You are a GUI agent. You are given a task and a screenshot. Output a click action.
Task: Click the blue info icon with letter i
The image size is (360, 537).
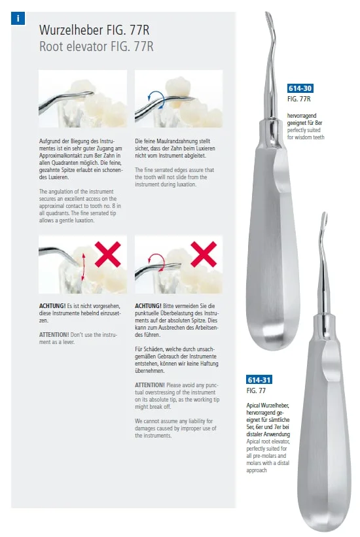(x=18, y=18)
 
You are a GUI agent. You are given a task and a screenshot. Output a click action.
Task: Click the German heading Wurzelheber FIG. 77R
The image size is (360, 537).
(x=94, y=30)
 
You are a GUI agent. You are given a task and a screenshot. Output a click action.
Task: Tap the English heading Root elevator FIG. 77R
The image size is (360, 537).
(x=96, y=46)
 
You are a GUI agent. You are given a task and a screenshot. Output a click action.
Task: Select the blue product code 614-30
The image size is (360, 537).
(x=300, y=88)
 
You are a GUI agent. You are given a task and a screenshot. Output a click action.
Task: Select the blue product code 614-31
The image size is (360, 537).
(x=259, y=380)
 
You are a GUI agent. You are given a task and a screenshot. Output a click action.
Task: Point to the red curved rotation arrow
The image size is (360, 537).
(x=157, y=262)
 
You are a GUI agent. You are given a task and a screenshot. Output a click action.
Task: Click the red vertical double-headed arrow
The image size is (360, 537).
(x=82, y=267)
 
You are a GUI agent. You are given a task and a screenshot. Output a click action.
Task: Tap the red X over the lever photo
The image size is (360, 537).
(x=107, y=254)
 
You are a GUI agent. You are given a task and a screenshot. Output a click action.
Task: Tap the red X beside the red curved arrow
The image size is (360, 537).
(x=204, y=254)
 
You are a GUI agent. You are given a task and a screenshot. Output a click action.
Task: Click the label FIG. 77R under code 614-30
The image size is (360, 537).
(x=298, y=99)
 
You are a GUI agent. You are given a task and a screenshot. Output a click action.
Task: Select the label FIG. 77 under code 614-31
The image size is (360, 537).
(x=256, y=390)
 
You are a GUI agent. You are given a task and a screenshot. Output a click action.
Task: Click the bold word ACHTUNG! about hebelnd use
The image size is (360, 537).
(x=52, y=306)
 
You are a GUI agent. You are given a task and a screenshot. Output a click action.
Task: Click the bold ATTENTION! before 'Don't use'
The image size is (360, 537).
(x=54, y=335)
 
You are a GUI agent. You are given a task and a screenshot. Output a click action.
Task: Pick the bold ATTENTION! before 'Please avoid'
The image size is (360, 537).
(x=149, y=385)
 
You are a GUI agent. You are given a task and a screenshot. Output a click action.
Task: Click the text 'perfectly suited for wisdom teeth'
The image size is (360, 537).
(x=306, y=133)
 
